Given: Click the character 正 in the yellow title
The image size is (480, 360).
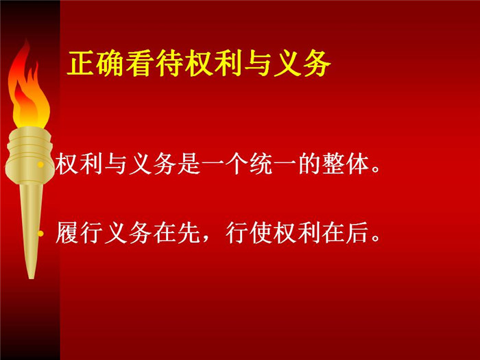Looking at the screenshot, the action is click(80, 63).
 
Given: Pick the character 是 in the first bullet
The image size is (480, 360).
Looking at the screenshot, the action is click(189, 165).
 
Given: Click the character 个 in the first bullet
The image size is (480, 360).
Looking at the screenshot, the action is click(237, 165).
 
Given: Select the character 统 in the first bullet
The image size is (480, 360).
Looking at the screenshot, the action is click(261, 165).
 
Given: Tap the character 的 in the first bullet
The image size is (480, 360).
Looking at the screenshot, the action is click(309, 165).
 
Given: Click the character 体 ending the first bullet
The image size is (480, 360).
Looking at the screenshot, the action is click(357, 165).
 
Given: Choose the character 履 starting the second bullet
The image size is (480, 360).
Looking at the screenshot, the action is click(67, 232).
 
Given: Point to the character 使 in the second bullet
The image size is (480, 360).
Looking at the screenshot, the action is click(261, 232).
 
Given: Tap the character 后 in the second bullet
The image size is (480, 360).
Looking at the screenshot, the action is click(357, 232).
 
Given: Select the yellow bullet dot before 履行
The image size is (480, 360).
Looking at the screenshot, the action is click(40, 234).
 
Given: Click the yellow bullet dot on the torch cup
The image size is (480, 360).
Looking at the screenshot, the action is click(40, 165).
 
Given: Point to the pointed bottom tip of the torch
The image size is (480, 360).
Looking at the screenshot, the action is click(31, 278).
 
